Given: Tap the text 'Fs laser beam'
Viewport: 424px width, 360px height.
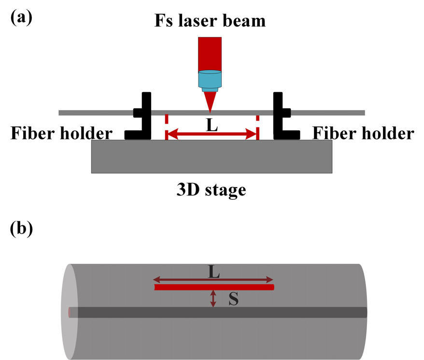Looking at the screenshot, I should (x=210, y=20).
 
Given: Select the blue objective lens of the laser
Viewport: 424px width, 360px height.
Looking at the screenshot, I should (x=210, y=80).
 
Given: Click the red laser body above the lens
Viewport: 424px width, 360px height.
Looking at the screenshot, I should (x=210, y=53).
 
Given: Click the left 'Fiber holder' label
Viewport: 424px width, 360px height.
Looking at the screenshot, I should (x=62, y=133).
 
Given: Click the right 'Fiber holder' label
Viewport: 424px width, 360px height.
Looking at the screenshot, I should (x=363, y=133).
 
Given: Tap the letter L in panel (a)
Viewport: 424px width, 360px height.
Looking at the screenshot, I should (x=212, y=125).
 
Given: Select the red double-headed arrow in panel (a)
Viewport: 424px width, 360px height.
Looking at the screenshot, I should (x=212, y=136).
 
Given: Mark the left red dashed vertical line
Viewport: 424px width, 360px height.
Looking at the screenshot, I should (x=166, y=128).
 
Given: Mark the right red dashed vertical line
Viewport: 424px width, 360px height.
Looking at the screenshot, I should (x=257, y=128).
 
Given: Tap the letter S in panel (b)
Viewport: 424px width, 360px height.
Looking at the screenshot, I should (x=233, y=300).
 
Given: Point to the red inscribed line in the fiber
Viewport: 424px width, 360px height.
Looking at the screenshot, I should (x=214, y=287).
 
